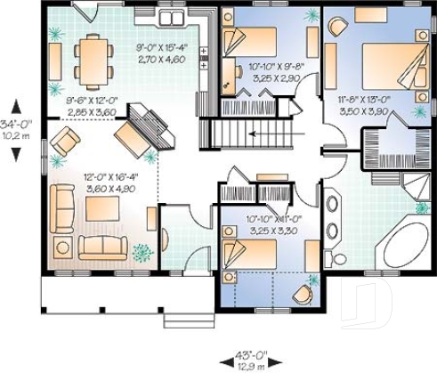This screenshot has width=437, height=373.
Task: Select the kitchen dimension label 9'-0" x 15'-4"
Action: click(160, 52)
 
